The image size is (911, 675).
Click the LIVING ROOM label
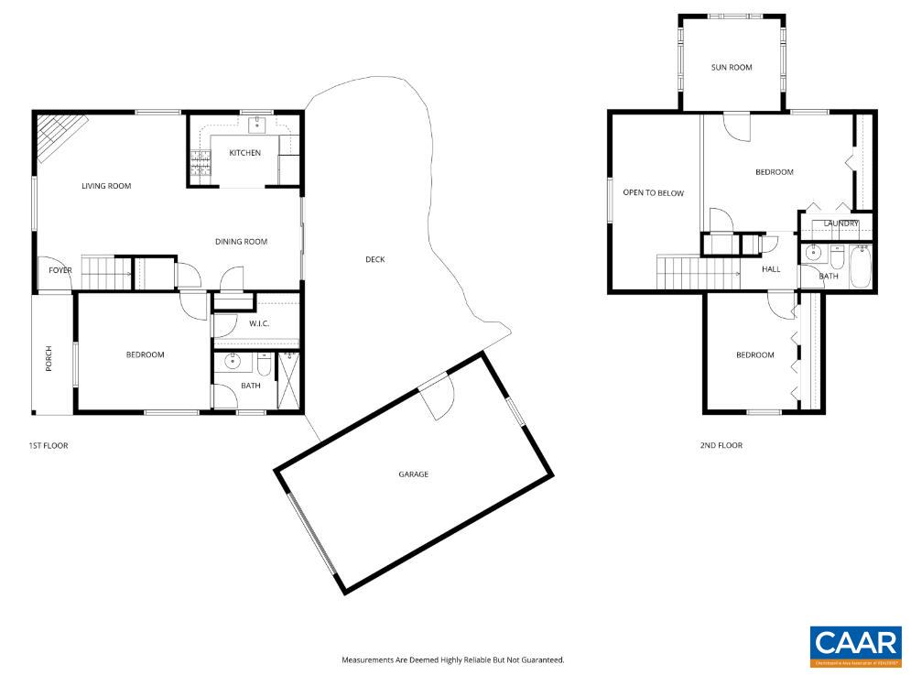click(106, 186)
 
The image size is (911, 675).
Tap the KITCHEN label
click(244, 153)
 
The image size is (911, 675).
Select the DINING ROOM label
click(241, 242)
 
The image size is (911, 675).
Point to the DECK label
click(374, 259)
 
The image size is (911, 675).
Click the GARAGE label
click(413, 474)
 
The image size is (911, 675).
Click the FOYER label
click(60, 270)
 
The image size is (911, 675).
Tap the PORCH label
click(49, 359)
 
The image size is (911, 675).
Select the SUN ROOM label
click(732, 68)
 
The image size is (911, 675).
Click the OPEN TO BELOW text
click(653, 193)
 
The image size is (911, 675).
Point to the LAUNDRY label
click(841, 223)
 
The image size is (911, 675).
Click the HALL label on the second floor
click(771, 269)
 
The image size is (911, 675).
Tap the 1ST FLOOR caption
click(49, 446)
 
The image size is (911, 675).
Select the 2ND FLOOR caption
click(721, 446)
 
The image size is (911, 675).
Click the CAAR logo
click(855, 646)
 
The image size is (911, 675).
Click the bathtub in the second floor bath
click(860, 267)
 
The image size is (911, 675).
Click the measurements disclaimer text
click(452, 659)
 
